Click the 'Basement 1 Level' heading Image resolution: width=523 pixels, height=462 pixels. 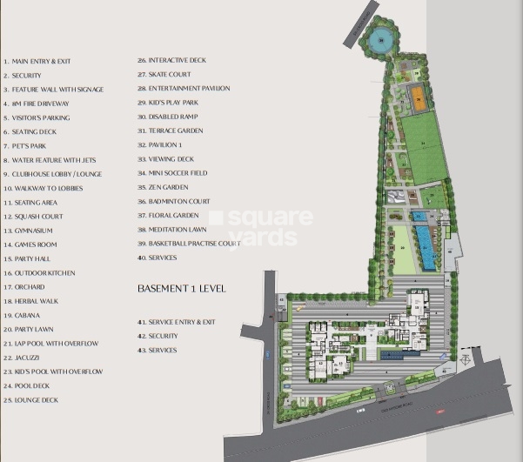coord(181,288)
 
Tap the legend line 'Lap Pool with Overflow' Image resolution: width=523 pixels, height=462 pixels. coord(52,344)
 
